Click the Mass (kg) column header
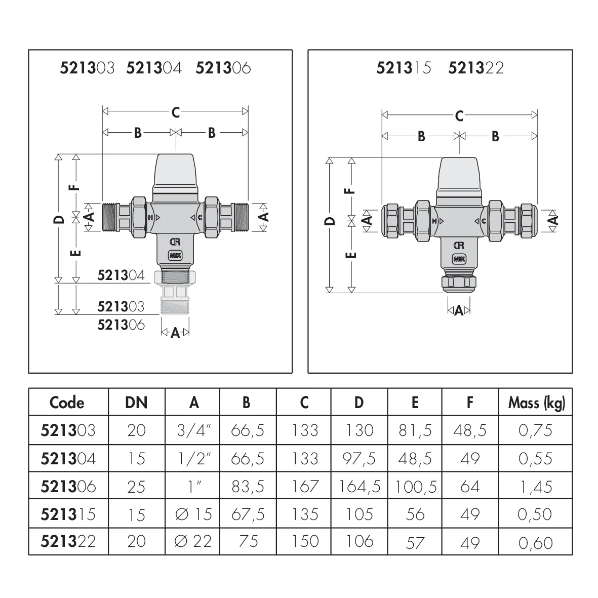(536, 403)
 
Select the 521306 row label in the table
(68, 487)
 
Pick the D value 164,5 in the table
(360, 487)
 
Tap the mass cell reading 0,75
(535, 430)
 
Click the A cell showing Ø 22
(193, 541)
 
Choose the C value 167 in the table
(304, 487)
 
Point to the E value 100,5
(415, 487)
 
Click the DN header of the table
(136, 403)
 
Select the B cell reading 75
(248, 541)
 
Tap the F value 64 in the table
(470, 487)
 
